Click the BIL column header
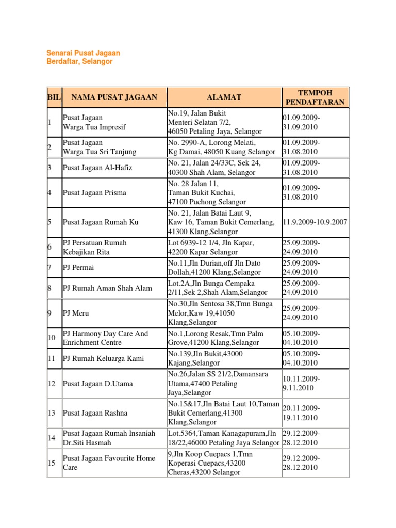coord(54,97)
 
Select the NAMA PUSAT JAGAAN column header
coord(114,97)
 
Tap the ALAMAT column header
coord(224,97)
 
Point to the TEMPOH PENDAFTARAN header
coord(315,97)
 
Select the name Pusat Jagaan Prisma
coord(94,193)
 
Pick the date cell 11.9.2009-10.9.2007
coord(315,222)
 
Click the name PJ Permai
coord(78,268)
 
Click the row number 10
coord(52,338)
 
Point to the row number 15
coord(52,463)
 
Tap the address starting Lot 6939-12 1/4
coord(210,247)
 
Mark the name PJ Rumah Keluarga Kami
coord(103,358)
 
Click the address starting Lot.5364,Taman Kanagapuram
coord(224,438)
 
